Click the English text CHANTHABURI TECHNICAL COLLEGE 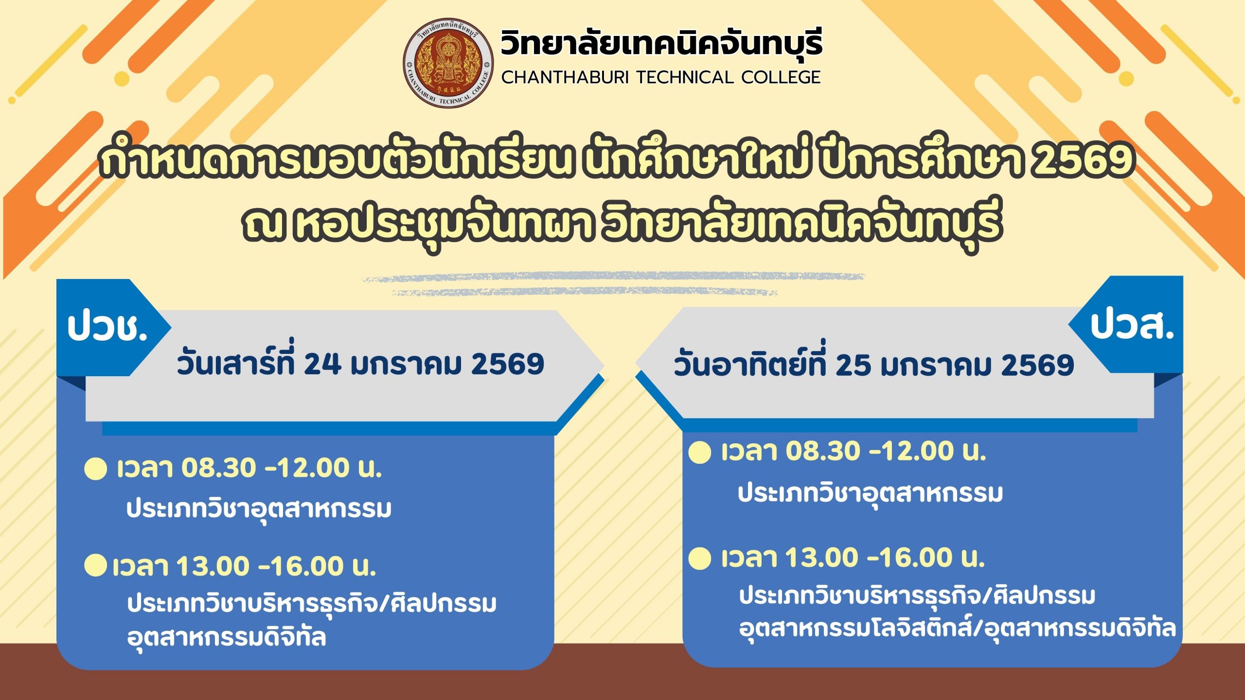pos(661,77)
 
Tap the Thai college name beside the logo pos(661,43)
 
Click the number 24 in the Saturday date pos(322,364)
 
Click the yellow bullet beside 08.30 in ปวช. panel pos(95,469)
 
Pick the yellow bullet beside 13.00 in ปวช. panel pos(95,565)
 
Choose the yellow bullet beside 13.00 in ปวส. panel pos(700,558)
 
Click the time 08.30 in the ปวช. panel pos(218,468)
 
